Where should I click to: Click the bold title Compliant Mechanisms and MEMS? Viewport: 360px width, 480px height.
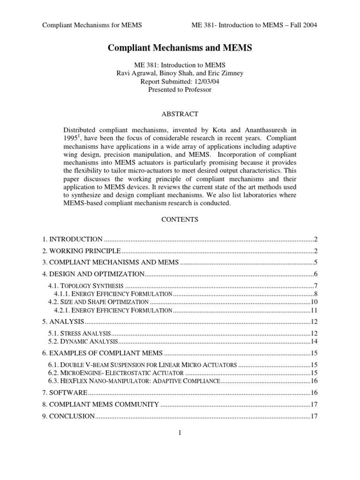(180, 48)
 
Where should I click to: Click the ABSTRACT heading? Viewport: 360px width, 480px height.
(180, 114)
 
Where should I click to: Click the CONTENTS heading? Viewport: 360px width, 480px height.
(180, 219)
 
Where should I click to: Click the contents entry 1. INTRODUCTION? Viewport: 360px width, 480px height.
(73, 239)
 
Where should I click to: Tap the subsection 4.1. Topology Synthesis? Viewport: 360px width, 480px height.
(86, 286)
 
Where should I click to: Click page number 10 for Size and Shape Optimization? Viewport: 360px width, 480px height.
(315, 302)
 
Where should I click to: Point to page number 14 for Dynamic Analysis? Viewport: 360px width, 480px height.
(315, 341)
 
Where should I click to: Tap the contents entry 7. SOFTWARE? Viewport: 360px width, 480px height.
(65, 392)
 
